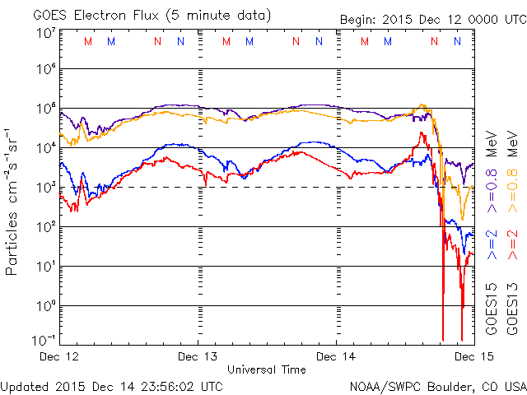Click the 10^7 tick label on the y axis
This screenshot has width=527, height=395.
(45, 33)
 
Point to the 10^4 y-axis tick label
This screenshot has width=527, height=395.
(45, 147)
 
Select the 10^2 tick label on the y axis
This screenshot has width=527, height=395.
(45, 226)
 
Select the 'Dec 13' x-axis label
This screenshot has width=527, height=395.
(198, 357)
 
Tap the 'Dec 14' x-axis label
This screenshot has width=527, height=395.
(337, 357)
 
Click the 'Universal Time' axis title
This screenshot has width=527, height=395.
(267, 370)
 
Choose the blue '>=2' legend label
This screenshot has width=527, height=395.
(492, 246)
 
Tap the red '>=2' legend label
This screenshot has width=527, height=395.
(512, 246)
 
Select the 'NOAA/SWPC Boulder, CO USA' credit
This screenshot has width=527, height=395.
(437, 386)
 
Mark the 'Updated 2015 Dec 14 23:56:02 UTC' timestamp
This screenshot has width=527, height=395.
(112, 386)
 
